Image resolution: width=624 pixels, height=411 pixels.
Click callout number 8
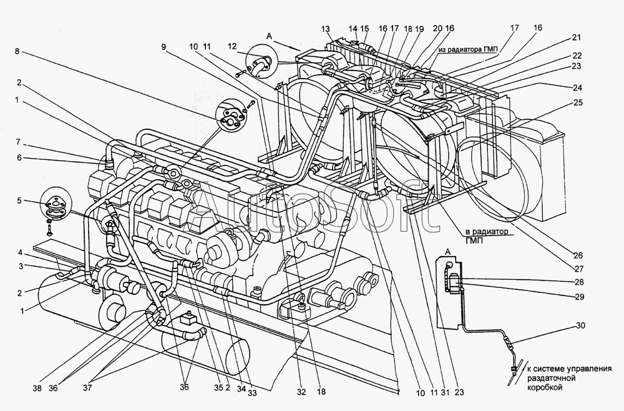pyautogui.click(x=17, y=51)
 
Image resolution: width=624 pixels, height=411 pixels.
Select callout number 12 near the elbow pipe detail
pyautogui.click(x=233, y=47)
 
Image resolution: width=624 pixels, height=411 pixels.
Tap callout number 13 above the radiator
pyautogui.click(x=326, y=29)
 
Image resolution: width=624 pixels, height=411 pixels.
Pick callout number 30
pyautogui.click(x=580, y=325)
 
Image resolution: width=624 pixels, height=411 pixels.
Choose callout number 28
pyautogui.click(x=578, y=282)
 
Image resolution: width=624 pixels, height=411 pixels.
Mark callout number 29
pyautogui.click(x=579, y=297)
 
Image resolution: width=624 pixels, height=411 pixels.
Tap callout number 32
pyautogui.click(x=301, y=392)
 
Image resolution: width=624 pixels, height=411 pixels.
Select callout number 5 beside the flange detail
pyautogui.click(x=19, y=201)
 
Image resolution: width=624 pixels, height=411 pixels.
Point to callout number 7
pyautogui.click(x=18, y=142)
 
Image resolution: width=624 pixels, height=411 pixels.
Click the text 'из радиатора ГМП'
pyautogui.click(x=470, y=49)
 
